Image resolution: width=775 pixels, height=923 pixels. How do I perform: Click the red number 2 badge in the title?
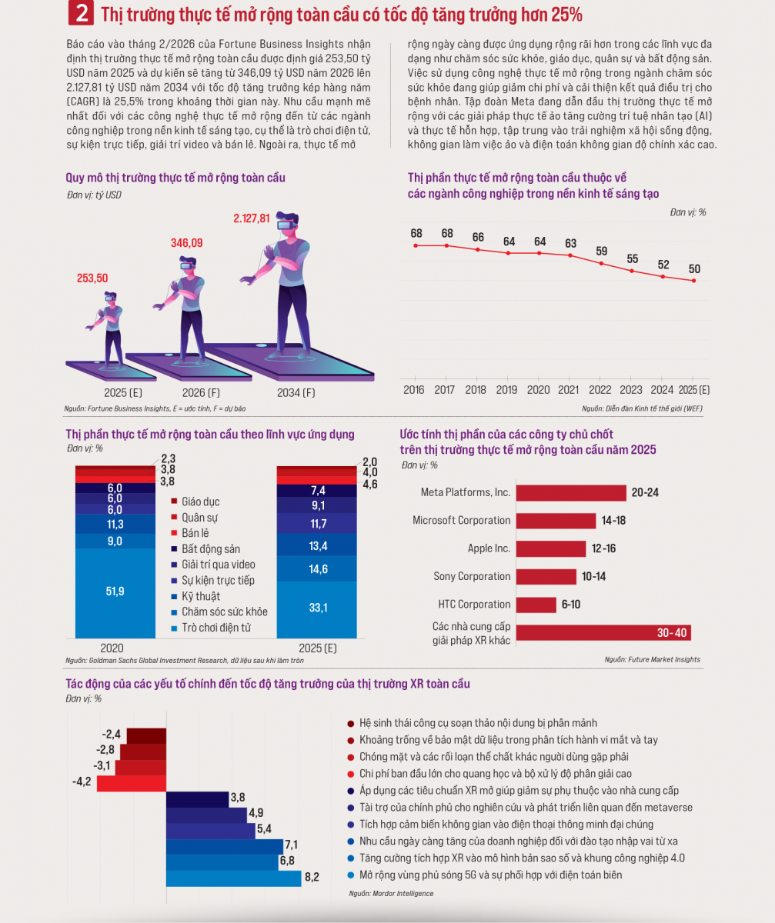tap(81, 13)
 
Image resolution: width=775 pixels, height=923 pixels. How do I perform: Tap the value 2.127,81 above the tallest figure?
tap(251, 218)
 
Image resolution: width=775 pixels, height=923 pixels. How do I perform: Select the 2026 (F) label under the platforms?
tap(201, 392)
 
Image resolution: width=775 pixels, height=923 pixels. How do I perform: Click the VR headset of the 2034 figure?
tap(286, 225)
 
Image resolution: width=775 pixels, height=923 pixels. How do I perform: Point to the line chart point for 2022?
tap(601, 264)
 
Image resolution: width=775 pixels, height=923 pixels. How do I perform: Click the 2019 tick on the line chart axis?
tap(506, 389)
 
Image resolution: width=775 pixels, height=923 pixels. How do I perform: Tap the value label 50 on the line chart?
tap(694, 268)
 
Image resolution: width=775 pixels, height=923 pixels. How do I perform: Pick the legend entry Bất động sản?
tap(206, 549)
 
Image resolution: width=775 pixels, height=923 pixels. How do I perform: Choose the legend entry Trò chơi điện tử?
tap(211, 628)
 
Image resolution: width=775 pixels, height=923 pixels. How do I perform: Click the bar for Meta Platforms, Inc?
tap(571, 493)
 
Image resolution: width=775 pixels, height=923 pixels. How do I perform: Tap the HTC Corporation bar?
tap(536, 605)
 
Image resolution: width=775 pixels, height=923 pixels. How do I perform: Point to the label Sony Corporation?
tap(472, 576)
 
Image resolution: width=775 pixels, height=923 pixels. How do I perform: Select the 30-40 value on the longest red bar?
tap(672, 632)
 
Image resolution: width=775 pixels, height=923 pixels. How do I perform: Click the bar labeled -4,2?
tap(132, 783)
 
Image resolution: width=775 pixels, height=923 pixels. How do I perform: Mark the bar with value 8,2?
tap(233, 878)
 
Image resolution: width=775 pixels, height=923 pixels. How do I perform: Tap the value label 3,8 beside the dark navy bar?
tap(238, 797)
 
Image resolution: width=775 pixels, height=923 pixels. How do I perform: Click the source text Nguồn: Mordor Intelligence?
tap(391, 893)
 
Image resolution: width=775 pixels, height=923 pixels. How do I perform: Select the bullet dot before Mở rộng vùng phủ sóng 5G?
tap(351, 875)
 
